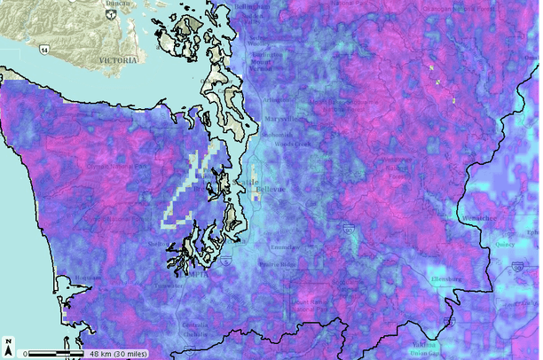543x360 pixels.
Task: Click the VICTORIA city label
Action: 118,60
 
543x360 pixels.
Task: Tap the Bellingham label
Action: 251,6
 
